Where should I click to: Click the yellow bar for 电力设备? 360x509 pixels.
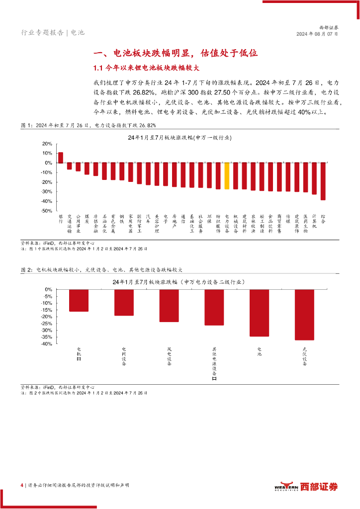click(227, 176)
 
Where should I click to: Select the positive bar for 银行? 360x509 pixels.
click(61, 158)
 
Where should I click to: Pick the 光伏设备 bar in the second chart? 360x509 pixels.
click(304, 315)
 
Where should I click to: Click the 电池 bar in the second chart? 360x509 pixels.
click(259, 313)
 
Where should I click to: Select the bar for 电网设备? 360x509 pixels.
click(124, 302)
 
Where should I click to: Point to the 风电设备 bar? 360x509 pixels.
click(169, 305)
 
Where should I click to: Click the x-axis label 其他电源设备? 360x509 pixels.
click(214, 364)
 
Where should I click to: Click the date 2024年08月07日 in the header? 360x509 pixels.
click(317, 34)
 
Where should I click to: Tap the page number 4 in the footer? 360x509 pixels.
click(22, 485)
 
